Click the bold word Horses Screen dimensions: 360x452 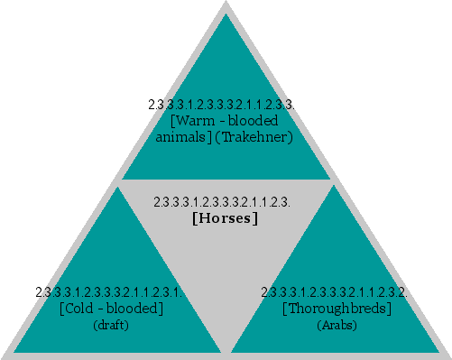click(226, 218)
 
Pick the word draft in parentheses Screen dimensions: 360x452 click(111, 325)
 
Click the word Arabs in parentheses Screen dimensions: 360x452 click(337, 325)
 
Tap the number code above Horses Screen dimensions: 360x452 click(222, 201)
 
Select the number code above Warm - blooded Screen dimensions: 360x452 click(221, 104)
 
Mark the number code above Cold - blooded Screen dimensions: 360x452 click(109, 292)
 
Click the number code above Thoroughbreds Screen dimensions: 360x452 click(334, 292)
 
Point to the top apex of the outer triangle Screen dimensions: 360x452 click(226, 3)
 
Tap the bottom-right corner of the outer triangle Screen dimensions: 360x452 click(448, 356)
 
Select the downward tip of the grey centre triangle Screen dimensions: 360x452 click(226, 350)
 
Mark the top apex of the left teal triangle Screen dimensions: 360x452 click(115, 186)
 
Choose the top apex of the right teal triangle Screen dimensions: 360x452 click(336, 186)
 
